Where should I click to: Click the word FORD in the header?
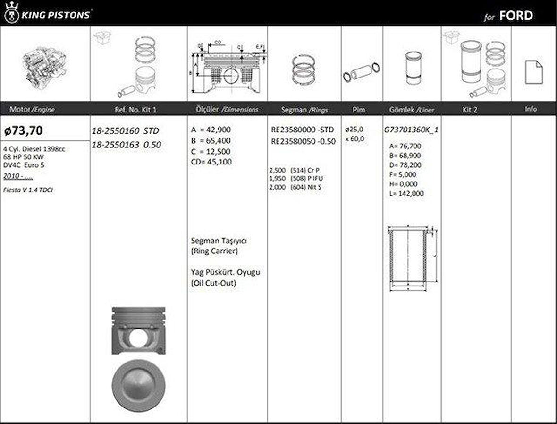516,16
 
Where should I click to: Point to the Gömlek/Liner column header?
412,110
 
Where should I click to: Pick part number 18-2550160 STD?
125,131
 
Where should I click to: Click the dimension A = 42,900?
211,130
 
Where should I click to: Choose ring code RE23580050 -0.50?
303,141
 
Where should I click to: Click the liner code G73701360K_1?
412,129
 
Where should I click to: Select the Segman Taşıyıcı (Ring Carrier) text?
219,246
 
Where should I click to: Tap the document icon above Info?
534,72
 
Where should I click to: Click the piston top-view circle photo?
139,384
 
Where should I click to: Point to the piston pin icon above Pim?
362,71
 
